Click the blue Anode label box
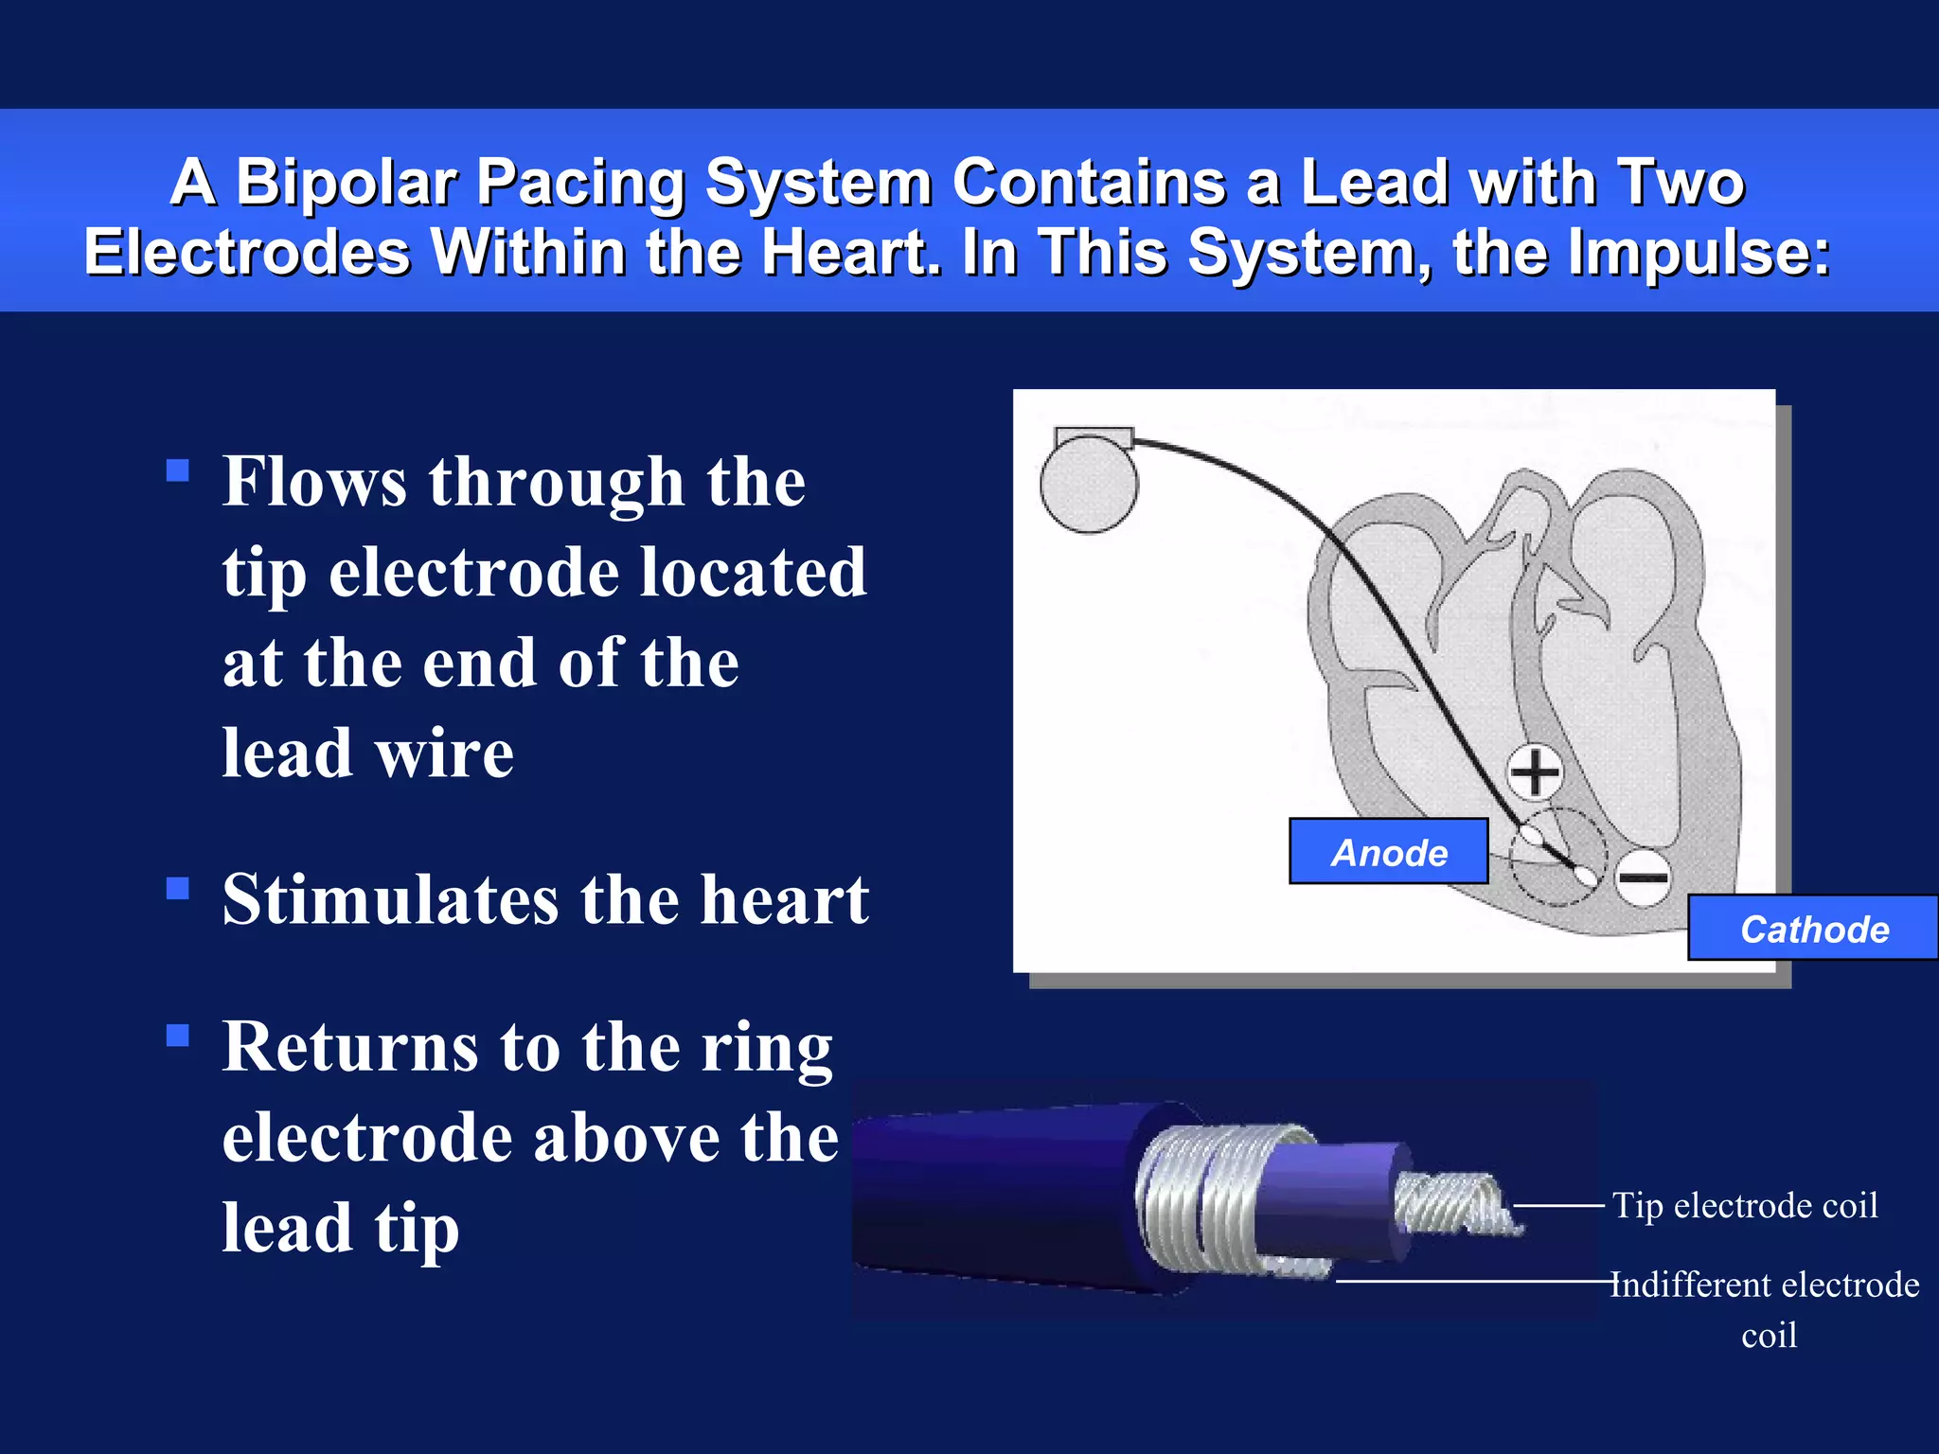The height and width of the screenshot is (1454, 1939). [x=1388, y=852]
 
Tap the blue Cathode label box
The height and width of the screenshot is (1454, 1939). [x=1812, y=929]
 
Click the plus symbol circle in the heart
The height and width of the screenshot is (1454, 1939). [x=1535, y=771]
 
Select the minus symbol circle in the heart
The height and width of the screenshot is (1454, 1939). [x=1643, y=878]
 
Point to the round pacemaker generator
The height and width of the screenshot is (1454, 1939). [x=1089, y=484]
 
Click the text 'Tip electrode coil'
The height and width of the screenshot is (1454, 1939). [x=1745, y=1206]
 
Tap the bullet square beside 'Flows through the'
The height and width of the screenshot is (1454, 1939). [x=178, y=470]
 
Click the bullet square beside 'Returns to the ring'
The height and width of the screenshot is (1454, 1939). [x=178, y=1035]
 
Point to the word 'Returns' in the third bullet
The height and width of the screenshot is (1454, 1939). [x=350, y=1048]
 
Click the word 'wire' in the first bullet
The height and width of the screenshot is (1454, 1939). [x=444, y=754]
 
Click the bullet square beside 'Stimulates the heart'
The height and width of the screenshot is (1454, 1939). [x=178, y=888]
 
